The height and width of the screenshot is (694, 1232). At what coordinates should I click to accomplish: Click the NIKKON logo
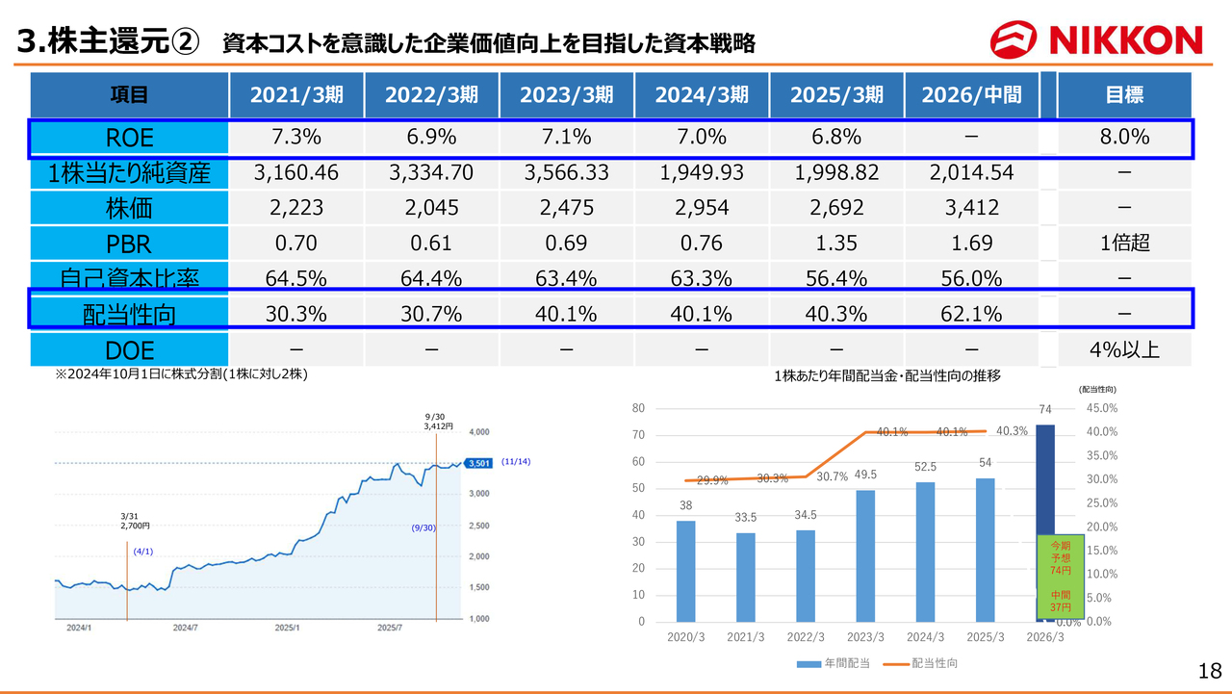point(1096,39)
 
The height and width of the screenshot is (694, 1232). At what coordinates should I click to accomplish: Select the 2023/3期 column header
point(566,94)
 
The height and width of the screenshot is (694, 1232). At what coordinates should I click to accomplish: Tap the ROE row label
point(129,138)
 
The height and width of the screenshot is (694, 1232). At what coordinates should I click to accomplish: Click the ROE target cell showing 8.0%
point(1124,138)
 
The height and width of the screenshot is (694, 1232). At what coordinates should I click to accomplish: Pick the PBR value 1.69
point(972,244)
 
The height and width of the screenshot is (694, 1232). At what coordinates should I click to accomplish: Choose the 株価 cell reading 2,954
point(702,208)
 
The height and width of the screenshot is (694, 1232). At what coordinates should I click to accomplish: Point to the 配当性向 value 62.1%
point(972,314)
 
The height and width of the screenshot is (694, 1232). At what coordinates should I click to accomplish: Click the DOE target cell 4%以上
point(1124,349)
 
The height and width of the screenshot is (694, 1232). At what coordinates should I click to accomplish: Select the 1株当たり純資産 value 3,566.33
point(566,173)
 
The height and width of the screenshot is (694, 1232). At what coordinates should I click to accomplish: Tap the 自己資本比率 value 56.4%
point(836,279)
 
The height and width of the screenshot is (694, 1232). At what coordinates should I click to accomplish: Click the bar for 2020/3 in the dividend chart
point(685,571)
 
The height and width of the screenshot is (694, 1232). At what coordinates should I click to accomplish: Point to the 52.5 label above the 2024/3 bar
point(926,467)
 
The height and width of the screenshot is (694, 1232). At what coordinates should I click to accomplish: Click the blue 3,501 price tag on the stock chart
point(478,463)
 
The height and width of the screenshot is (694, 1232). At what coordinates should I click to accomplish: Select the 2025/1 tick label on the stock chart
point(286,628)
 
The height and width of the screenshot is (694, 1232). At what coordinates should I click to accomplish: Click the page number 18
point(1209,670)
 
